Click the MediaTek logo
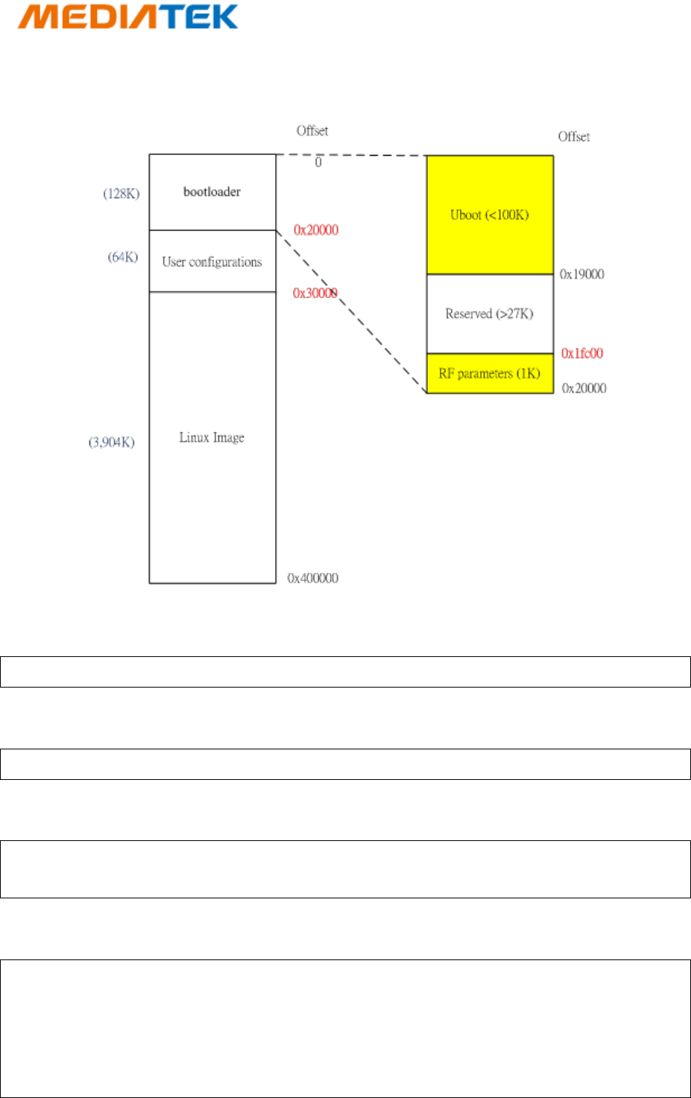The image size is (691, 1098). (127, 16)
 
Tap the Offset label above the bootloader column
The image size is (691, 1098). (312, 131)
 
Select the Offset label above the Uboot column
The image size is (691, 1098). (573, 137)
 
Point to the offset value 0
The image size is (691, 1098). (318, 162)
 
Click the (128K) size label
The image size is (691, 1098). (122, 194)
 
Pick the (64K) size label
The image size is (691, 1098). (123, 257)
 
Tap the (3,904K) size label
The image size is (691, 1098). (112, 442)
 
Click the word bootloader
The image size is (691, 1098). (212, 192)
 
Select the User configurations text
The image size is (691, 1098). (212, 262)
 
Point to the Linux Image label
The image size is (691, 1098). (212, 438)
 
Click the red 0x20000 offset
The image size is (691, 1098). (316, 230)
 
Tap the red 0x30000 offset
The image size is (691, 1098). (315, 293)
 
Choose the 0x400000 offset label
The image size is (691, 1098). (313, 578)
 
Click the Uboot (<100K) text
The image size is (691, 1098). (489, 215)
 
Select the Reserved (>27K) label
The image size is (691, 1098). (489, 314)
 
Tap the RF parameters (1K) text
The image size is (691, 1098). (489, 374)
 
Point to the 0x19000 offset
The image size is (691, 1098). (582, 275)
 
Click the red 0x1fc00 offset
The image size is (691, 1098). (582, 354)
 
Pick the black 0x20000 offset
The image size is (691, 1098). (584, 388)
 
